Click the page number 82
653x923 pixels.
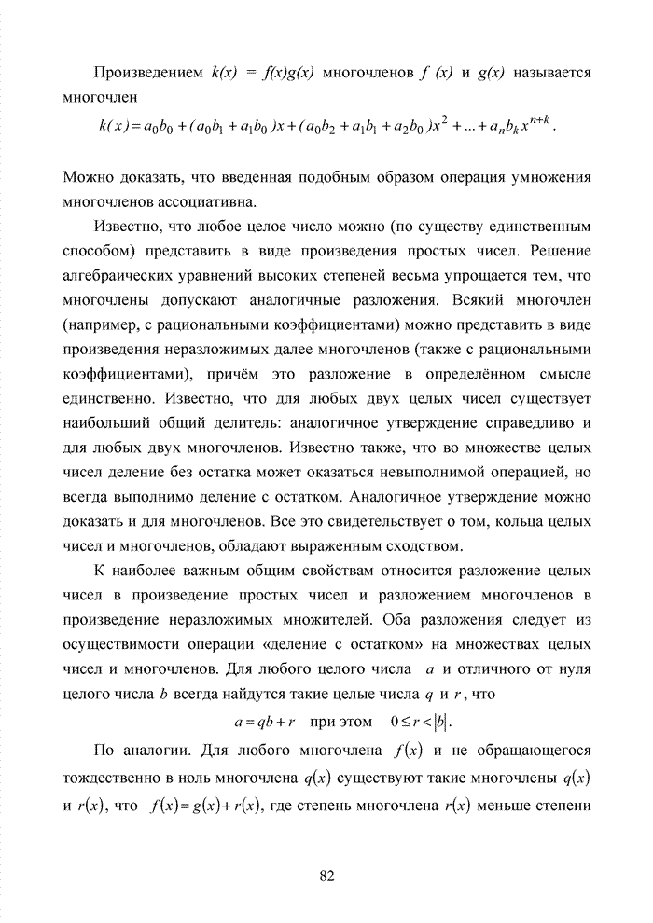pyautogui.click(x=326, y=875)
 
